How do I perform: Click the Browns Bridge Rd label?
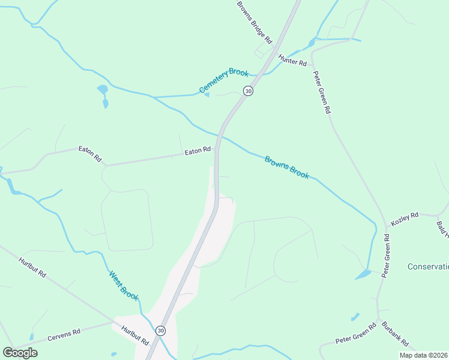255,22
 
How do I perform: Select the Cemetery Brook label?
223,81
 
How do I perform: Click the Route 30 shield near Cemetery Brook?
248,91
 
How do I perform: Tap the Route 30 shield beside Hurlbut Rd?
160,331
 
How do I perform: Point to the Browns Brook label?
287,167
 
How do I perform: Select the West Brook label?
124,286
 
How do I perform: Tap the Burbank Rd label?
395,334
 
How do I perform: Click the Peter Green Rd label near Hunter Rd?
321,92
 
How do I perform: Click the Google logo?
20,352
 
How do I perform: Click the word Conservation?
427,266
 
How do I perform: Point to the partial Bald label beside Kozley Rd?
442,228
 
